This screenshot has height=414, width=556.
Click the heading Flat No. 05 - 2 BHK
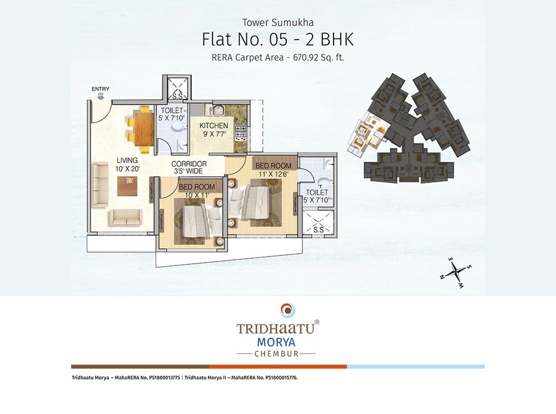[x=277, y=40]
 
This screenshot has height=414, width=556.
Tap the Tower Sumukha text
[x=278, y=23]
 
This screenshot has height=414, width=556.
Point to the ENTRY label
[x=101, y=89]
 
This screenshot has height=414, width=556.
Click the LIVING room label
[x=127, y=160]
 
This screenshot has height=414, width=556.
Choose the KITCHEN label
[x=215, y=126]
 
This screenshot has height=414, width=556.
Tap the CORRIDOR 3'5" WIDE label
[x=189, y=167]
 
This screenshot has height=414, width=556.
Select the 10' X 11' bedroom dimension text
[x=197, y=195]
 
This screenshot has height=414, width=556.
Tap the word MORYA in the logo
[x=277, y=341]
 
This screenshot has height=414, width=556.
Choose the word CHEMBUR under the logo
[x=277, y=353]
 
